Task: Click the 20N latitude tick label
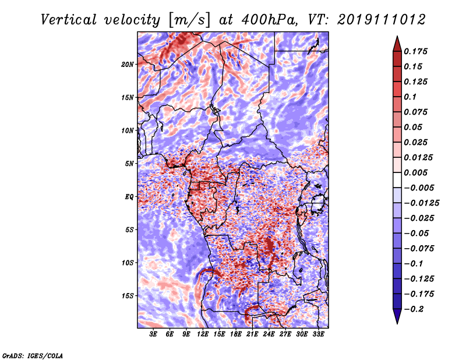127,64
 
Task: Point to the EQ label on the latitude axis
129,197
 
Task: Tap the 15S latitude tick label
127,296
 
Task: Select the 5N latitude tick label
129,164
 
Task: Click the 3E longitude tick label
153,334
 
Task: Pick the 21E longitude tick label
252,334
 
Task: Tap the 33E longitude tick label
318,334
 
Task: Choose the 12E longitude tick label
203,334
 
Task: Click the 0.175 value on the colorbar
415,51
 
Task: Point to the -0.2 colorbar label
414,309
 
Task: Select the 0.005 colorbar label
415,172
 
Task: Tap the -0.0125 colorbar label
421,203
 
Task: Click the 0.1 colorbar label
410,97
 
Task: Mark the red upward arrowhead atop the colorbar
397,44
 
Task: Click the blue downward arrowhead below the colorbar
397,316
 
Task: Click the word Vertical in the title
69,20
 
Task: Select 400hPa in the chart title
269,20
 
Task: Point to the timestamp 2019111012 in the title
382,20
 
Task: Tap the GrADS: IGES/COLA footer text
33,355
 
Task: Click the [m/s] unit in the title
190,20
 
